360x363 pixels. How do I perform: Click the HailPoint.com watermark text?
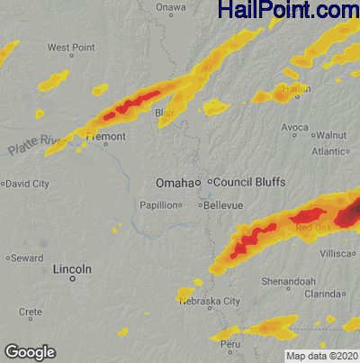287,11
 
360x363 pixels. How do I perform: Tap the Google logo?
30,351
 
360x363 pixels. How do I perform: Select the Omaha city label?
175,183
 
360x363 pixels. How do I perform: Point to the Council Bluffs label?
248,182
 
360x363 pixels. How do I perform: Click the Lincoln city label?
72,269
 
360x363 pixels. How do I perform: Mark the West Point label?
71,47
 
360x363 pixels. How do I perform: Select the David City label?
28,184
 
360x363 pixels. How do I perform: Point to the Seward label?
27,259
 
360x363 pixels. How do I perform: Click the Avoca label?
299,127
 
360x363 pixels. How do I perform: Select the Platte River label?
38,142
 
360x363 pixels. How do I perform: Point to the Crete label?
31,312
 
